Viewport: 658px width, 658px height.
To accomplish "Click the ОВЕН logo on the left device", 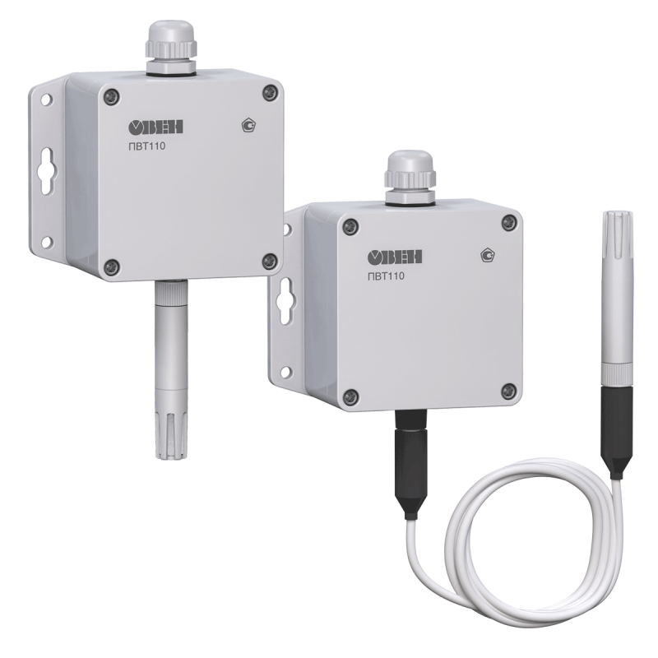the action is [155, 127].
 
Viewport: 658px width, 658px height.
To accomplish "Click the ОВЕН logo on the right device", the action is [395, 257].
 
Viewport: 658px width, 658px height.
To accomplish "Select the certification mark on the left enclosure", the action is [250, 125].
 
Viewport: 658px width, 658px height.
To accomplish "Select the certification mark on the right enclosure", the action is [487, 256].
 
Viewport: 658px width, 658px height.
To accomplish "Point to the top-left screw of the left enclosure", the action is [112, 98].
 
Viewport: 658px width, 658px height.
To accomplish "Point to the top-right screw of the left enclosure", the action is [271, 92].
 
